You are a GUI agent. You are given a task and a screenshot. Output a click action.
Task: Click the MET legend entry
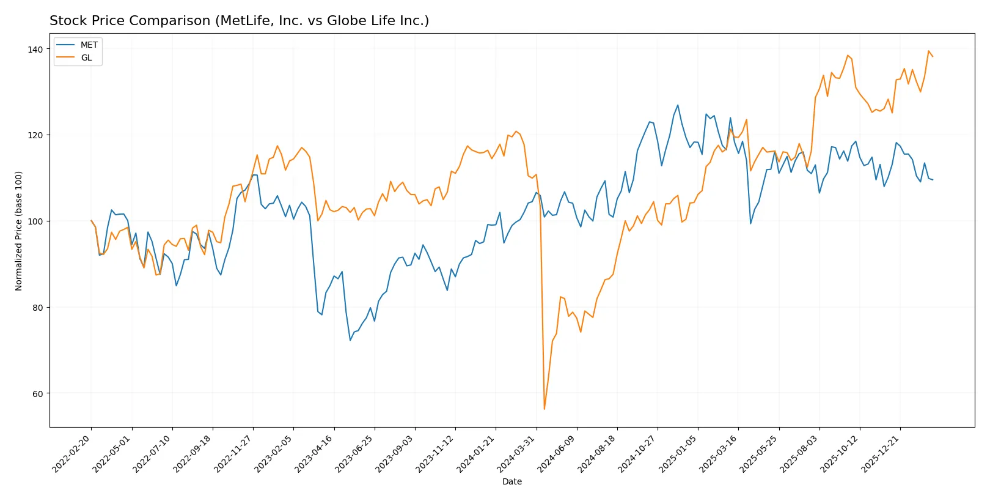point(88,45)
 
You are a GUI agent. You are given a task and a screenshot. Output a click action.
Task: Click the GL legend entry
point(86,58)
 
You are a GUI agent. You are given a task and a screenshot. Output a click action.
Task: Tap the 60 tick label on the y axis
point(38,393)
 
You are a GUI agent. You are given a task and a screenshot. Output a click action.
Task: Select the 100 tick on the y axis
point(35,221)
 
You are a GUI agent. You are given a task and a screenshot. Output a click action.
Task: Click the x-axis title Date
point(512,481)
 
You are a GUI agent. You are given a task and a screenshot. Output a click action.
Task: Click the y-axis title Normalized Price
point(19,231)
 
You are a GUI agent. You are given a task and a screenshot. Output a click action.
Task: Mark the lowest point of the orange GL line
point(544,409)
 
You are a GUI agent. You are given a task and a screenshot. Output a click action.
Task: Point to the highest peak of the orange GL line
point(928,51)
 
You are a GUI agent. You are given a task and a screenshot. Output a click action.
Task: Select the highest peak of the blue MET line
point(678,105)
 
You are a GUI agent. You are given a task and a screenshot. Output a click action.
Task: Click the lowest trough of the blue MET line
point(350,340)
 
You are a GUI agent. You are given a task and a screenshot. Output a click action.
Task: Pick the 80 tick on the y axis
point(38,307)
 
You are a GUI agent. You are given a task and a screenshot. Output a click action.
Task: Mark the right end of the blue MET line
point(933,180)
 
